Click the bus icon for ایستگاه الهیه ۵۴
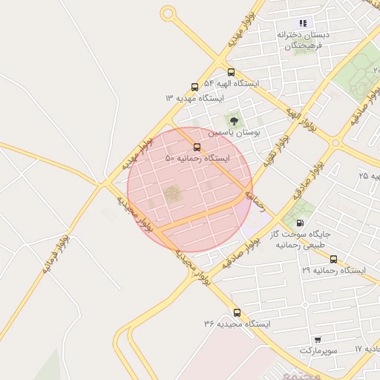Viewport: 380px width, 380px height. point(231,73)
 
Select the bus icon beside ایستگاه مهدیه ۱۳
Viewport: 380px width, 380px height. point(194,87)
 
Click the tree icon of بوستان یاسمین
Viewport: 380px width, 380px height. point(235,119)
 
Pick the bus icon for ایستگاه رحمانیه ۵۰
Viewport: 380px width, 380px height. point(197,147)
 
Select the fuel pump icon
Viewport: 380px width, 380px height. point(300,222)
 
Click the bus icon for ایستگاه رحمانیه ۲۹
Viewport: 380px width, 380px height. point(333,259)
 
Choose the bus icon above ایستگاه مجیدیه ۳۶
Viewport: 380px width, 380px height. point(237,312)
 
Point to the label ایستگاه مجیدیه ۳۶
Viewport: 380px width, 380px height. point(237,324)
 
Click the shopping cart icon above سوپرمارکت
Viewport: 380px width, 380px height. point(318,338)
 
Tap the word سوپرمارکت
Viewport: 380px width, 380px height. point(318,350)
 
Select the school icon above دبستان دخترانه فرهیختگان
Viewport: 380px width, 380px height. point(302,23)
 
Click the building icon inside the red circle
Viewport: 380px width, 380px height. point(172,194)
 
